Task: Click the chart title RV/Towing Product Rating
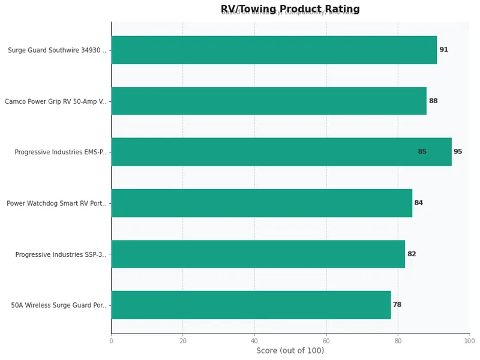[290, 9]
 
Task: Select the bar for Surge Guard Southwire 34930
[274, 50]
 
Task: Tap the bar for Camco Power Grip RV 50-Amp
[268, 101]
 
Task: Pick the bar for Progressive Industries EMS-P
[281, 152]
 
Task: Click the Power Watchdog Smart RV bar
[261, 203]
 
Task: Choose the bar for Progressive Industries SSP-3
[257, 254]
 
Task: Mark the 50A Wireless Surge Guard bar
[250, 305]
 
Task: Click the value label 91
[443, 50]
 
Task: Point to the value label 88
[433, 101]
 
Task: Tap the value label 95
[458, 152]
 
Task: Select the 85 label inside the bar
[422, 152]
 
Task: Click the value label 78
[397, 305]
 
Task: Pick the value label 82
[411, 254]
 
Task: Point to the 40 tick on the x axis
[254, 341]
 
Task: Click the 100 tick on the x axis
[469, 341]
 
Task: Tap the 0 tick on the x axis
[111, 341]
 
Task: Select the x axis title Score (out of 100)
[290, 351]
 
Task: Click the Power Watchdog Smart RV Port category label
[56, 203]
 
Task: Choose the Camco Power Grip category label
[55, 101]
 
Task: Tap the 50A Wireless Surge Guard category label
[58, 305]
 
